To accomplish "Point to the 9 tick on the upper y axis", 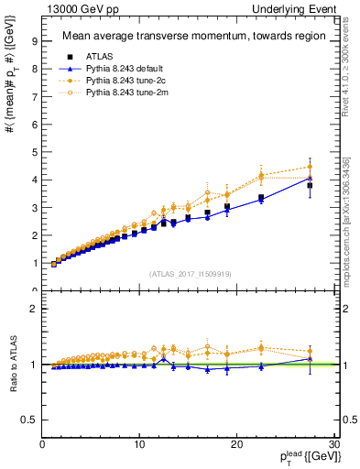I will (34, 40).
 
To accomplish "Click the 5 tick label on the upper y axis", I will (34, 152).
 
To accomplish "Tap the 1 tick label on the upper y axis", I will (34, 264).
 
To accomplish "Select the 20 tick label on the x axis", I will (236, 444).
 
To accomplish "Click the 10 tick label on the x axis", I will (139, 444).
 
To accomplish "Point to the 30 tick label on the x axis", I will (333, 444).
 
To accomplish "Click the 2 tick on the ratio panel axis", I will (34, 309).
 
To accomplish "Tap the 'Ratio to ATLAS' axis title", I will (12, 365).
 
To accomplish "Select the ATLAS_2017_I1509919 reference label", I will (189, 273).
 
